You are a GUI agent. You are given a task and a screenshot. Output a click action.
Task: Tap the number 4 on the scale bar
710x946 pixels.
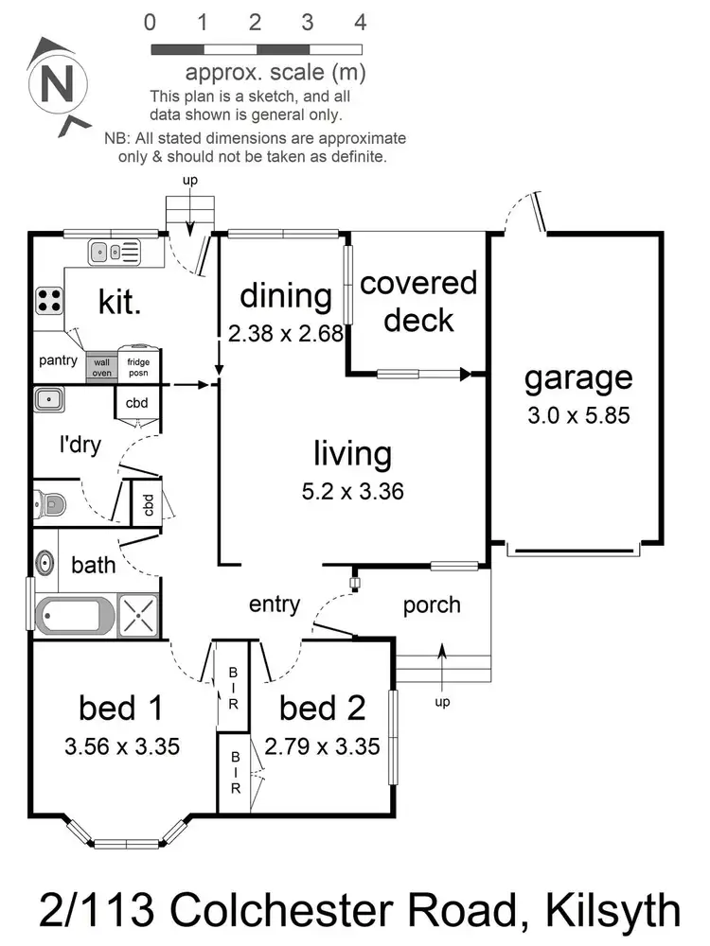point(361,22)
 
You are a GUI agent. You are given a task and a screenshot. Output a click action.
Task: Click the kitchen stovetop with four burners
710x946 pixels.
point(49,301)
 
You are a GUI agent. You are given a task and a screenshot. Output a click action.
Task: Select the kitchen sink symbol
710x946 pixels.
point(115,252)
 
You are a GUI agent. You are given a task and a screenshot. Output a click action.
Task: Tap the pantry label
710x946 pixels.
point(58,360)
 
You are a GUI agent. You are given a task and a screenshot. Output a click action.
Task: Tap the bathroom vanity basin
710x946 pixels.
point(44,564)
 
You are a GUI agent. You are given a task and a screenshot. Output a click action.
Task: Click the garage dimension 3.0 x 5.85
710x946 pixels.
point(578,414)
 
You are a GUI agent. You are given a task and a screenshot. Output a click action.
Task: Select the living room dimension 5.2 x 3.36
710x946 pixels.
point(353,492)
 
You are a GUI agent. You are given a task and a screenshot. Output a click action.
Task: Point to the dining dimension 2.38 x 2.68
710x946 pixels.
point(285,333)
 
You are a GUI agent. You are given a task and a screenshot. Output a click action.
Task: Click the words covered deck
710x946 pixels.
point(418,301)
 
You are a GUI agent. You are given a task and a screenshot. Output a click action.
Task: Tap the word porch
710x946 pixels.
point(432,604)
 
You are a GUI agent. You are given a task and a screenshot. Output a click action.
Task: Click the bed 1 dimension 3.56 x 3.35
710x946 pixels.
point(122,746)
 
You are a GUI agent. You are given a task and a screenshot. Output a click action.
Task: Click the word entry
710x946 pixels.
point(275,604)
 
